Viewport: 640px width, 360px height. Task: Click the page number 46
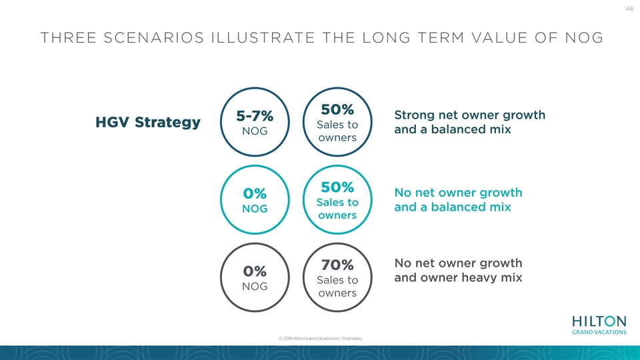(x=629, y=9)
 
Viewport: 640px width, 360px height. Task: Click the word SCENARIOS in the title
(x=154, y=38)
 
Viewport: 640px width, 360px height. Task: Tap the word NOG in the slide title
(x=584, y=38)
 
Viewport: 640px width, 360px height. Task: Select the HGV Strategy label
(x=148, y=122)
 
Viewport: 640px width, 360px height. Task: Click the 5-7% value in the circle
(x=255, y=116)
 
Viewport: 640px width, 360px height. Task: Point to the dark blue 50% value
(x=337, y=109)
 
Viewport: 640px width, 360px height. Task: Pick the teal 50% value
(x=337, y=187)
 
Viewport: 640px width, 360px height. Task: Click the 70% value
(x=337, y=265)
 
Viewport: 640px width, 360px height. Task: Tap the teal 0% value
(x=255, y=193)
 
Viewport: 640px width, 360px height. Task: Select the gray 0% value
(x=255, y=271)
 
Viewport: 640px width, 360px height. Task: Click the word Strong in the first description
(x=414, y=115)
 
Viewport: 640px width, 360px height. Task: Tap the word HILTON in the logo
(x=599, y=321)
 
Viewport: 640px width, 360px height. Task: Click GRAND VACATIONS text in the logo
(x=599, y=332)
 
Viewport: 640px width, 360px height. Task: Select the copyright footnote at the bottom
(x=321, y=339)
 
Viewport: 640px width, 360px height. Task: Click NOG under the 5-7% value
(x=255, y=131)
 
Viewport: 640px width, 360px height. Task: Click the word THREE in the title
(x=68, y=38)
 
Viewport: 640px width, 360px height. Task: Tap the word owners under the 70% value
(x=337, y=293)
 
